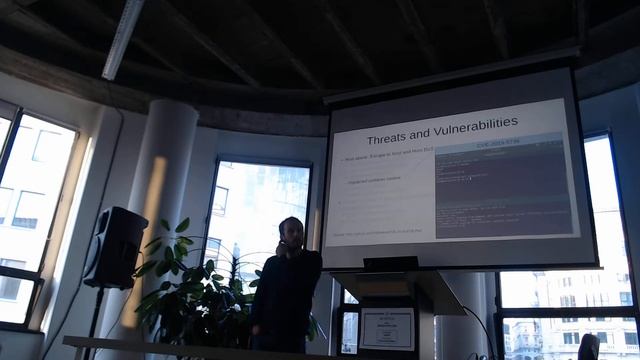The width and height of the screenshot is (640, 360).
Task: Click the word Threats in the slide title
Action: point(390,139)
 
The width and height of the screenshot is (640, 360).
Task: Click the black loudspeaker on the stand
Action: point(115,248)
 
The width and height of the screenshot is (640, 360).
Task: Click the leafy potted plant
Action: point(195,290)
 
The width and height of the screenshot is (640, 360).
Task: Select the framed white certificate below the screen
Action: point(386,328)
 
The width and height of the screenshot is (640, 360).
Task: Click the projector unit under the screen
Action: point(390,263)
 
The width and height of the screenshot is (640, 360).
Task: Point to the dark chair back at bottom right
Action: point(589,347)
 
